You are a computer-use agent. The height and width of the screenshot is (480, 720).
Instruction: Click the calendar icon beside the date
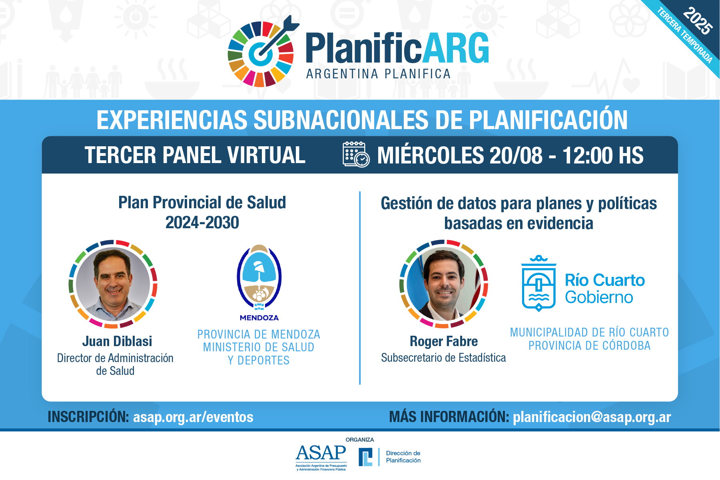click(x=356, y=154)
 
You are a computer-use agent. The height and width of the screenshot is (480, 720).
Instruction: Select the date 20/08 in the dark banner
click(x=516, y=155)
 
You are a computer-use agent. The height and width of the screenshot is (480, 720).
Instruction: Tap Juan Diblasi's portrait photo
click(x=113, y=284)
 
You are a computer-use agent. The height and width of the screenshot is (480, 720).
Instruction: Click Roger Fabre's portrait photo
click(x=444, y=284)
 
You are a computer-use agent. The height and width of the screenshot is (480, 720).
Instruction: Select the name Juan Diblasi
click(x=117, y=341)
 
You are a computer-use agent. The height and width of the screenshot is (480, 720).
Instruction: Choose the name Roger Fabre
click(x=444, y=341)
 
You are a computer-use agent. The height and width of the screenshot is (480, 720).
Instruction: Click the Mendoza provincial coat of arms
click(x=259, y=277)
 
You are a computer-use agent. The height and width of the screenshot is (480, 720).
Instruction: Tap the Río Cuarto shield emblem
click(x=539, y=283)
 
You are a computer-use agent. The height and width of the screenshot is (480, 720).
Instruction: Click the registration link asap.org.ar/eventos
click(x=193, y=417)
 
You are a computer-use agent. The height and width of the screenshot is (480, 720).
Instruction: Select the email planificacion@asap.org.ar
click(x=592, y=417)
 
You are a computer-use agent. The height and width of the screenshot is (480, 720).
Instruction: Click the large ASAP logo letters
click(x=321, y=453)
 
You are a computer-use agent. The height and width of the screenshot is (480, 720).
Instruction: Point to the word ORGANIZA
click(x=360, y=440)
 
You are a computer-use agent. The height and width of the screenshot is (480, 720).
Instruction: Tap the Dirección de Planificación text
click(x=403, y=457)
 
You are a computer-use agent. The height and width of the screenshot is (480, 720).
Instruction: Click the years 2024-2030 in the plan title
click(x=202, y=223)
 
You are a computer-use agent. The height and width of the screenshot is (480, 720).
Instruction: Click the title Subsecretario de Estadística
click(x=443, y=358)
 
